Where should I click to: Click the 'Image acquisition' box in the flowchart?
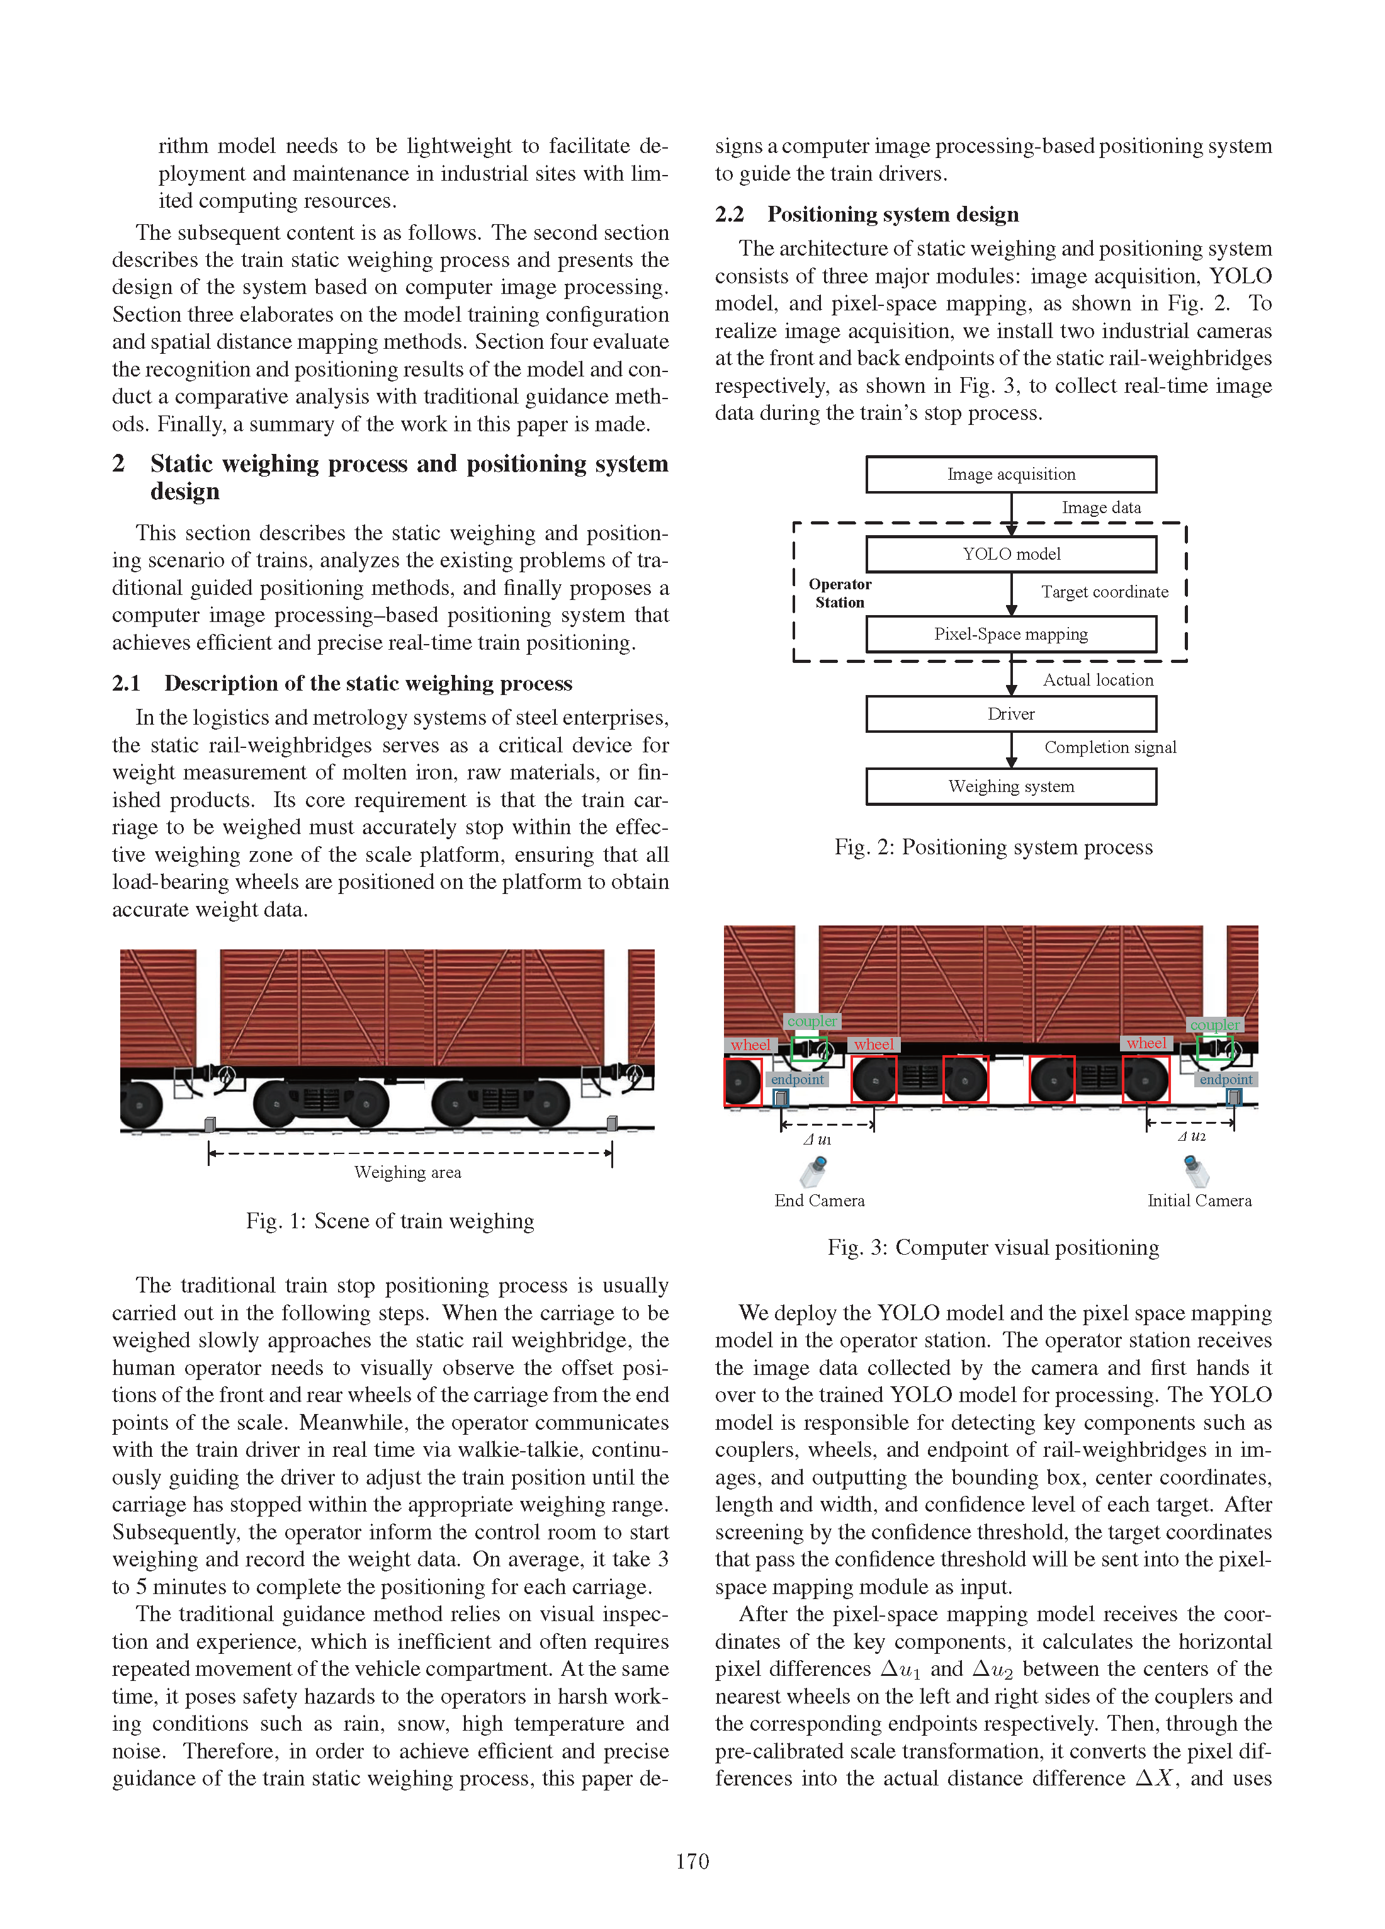pyautogui.click(x=1010, y=473)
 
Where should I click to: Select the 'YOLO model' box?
pyautogui.click(x=1010, y=553)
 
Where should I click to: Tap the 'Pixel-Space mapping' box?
pyautogui.click(x=1010, y=633)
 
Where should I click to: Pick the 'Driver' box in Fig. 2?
pyautogui.click(x=1010, y=713)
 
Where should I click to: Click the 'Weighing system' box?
pyautogui.click(x=1010, y=786)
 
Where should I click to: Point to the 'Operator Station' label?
pyautogui.click(x=840, y=593)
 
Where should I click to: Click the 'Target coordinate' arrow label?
pyautogui.click(x=1104, y=592)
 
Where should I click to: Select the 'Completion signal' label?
pyautogui.click(x=1111, y=747)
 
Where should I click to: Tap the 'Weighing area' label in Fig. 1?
pyautogui.click(x=407, y=1172)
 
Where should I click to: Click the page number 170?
pyautogui.click(x=692, y=1862)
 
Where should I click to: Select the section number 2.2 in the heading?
pyautogui.click(x=729, y=214)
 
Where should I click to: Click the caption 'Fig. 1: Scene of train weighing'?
pyautogui.click(x=390, y=1221)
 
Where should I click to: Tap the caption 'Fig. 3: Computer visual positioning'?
pyautogui.click(x=993, y=1247)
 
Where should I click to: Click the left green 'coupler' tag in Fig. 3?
pyautogui.click(x=811, y=1021)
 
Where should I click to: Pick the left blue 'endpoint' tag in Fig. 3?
pyautogui.click(x=797, y=1079)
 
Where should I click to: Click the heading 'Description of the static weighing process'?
pyautogui.click(x=368, y=683)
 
